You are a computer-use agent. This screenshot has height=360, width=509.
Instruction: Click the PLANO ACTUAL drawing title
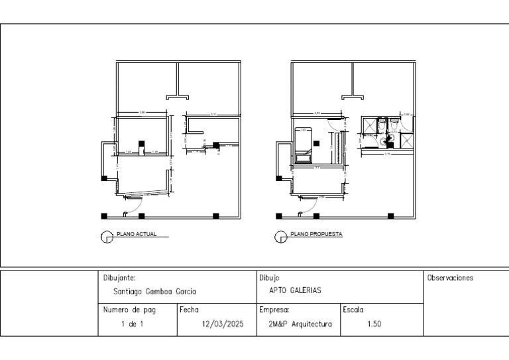(x=137, y=234)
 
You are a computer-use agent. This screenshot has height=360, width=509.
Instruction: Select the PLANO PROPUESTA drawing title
(x=316, y=234)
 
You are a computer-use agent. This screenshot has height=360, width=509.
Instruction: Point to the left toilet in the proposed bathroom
(x=380, y=124)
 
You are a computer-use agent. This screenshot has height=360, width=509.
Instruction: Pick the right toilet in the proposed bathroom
(x=394, y=124)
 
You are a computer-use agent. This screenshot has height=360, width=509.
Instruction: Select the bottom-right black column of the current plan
(x=215, y=215)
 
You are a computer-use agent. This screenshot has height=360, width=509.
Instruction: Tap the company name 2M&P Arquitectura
(x=300, y=325)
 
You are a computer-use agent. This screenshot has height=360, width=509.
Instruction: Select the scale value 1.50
(x=374, y=325)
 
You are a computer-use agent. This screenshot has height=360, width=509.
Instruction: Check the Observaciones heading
(x=451, y=278)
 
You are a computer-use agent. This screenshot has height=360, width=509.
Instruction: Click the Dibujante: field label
(x=120, y=278)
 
